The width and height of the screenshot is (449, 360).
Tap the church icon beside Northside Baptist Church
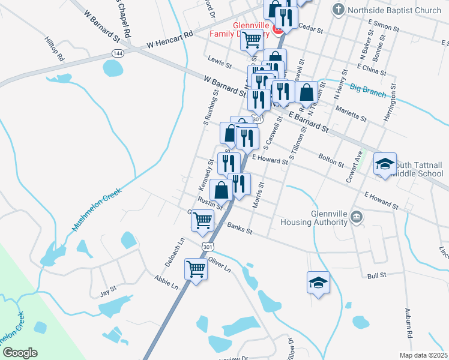pyautogui.click(x=339, y=10)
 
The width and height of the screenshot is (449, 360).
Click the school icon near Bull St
pyautogui.click(x=318, y=283)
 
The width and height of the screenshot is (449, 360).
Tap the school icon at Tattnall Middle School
pyautogui.click(x=384, y=163)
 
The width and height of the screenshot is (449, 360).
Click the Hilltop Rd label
pyautogui.click(x=53, y=48)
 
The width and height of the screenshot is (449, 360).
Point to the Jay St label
pyautogui.click(x=107, y=292)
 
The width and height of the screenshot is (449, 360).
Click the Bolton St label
pyautogui.click(x=331, y=160)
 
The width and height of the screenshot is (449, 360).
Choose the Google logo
pyautogui.click(x=20, y=353)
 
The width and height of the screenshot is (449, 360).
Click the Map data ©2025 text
pyautogui.click(x=423, y=355)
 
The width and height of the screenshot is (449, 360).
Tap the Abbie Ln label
pyautogui.click(x=166, y=282)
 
